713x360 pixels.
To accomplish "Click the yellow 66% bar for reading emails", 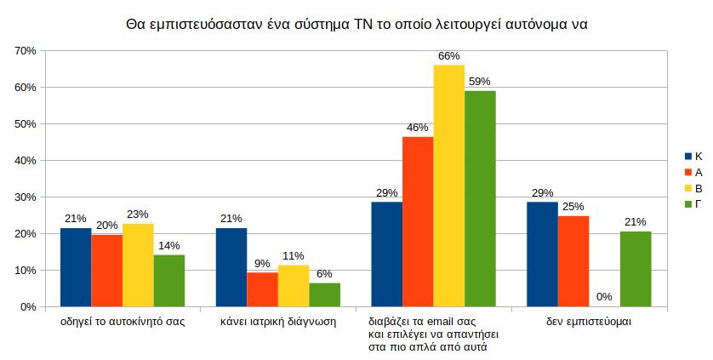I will (448, 186).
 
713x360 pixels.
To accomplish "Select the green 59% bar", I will (480, 198).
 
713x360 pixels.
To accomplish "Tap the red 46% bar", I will (418, 221).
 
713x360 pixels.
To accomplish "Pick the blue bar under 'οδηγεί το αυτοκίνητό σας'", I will (76, 267).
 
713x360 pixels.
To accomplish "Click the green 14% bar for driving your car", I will (169, 280).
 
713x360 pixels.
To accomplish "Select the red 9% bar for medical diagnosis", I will (262, 289).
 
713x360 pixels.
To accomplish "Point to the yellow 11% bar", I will (294, 286).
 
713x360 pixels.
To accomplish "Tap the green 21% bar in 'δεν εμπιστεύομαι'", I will (636, 269).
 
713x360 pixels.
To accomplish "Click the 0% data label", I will (604, 297).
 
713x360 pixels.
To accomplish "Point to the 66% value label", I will (448, 56).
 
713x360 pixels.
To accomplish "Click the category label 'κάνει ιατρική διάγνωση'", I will (278, 323).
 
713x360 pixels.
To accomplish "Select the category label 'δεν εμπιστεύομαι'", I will (589, 323).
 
